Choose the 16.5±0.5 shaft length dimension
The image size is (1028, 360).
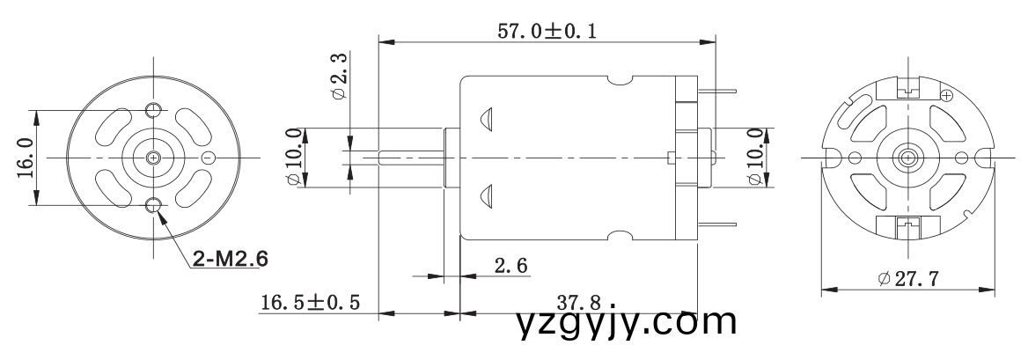tap(310, 302)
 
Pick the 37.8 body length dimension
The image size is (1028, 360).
tap(583, 302)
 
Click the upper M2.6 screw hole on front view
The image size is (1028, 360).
tap(154, 108)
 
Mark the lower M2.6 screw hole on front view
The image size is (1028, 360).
tap(154, 207)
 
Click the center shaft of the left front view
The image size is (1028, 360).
tap(154, 158)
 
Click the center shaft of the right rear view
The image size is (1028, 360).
tap(907, 158)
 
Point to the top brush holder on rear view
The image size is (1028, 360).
tap(907, 90)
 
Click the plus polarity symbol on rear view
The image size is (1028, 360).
tap(947, 94)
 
